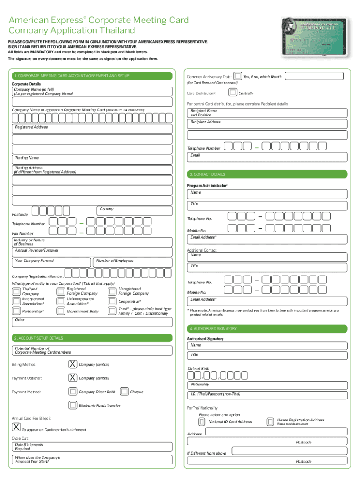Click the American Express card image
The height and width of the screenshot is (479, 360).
313,37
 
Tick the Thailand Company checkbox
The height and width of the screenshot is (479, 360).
16,291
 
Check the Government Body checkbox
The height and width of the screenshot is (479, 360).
61,311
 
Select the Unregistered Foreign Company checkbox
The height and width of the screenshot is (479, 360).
113,291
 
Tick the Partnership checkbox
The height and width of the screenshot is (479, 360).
16,311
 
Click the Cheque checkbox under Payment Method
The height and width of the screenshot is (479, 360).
124,392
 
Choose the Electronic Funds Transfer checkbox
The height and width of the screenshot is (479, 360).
73,405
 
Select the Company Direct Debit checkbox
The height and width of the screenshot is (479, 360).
73,392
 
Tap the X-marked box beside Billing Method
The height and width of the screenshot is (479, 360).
73,364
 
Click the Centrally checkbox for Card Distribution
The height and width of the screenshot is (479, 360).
232,93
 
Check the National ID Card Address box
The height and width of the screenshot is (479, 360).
202,422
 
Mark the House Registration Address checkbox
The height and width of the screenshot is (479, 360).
270,422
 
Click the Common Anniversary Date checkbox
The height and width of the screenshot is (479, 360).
238,76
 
